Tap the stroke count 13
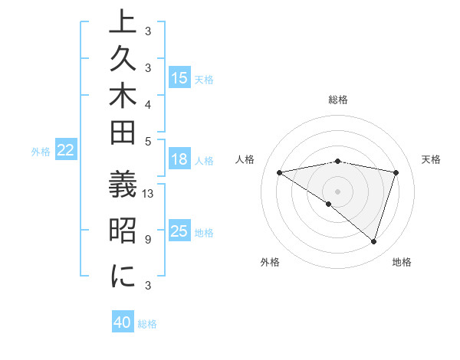(x=149, y=194)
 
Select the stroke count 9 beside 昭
(x=148, y=239)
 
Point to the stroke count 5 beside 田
(x=148, y=140)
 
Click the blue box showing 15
(x=179, y=77)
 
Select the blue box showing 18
(x=179, y=159)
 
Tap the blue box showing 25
(x=179, y=231)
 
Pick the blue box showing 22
(x=66, y=151)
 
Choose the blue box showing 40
(x=123, y=322)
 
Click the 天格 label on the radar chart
(x=432, y=159)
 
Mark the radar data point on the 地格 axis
(x=373, y=242)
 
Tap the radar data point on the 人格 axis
(x=280, y=172)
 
